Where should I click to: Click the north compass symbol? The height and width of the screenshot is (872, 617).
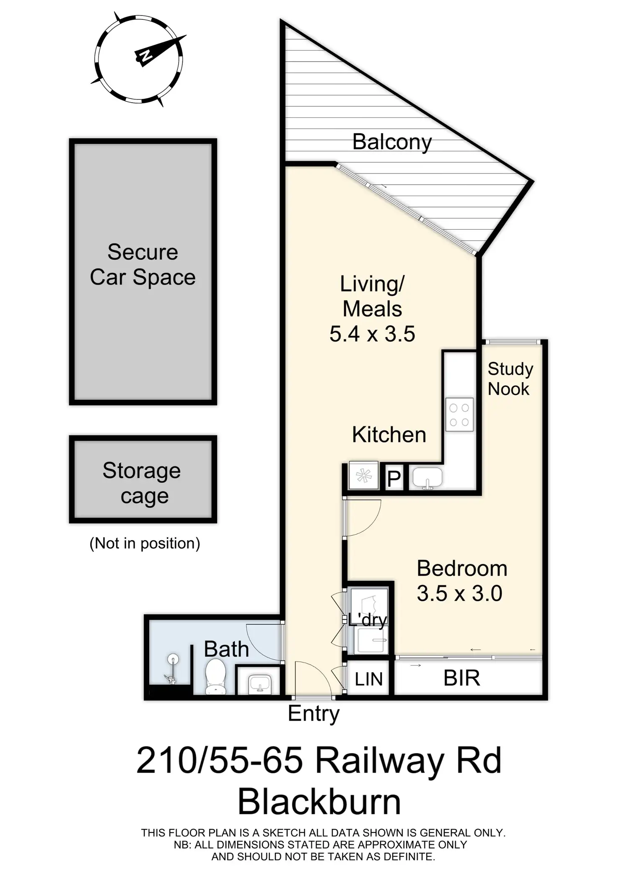coord(138,59)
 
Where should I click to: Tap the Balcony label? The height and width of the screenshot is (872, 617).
coord(392,142)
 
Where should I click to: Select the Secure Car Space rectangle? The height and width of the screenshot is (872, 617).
coord(143,272)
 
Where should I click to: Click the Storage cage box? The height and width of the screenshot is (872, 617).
coord(143,479)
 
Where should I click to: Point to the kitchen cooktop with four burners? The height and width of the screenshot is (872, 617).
coord(459,414)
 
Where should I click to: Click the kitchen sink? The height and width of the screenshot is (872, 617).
coord(428,478)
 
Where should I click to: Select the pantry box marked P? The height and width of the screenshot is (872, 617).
coord(394,478)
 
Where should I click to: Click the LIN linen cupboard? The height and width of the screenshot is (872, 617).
coord(368,679)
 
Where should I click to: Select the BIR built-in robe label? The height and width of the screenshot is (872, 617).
coord(461,678)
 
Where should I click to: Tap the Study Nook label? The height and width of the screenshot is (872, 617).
coord(510,379)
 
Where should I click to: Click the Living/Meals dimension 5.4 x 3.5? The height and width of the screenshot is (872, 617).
coord(372,334)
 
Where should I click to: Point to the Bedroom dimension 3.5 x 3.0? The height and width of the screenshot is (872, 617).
coord(459,594)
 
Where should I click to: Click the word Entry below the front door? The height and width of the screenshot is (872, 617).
coord(314,714)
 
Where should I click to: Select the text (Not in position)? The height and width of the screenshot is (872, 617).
coord(145,543)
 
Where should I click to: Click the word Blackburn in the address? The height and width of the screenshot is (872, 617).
coord(319,802)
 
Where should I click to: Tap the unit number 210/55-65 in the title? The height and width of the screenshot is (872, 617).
coord(220,761)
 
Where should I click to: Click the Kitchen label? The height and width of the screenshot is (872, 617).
coord(389,435)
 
